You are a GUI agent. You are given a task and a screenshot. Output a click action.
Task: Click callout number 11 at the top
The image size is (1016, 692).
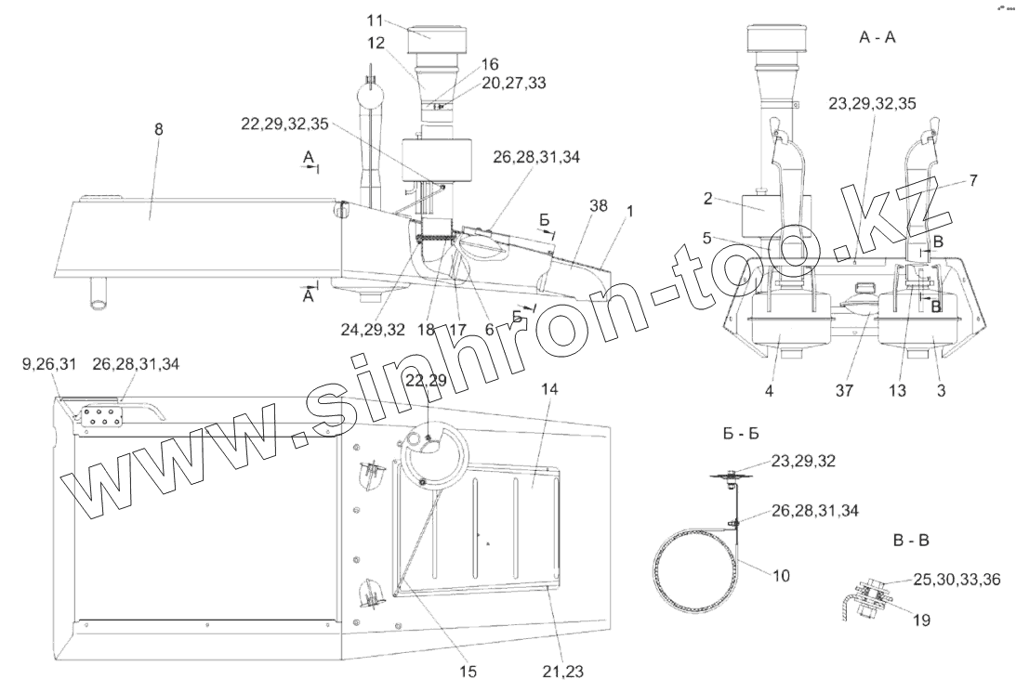click(375, 20)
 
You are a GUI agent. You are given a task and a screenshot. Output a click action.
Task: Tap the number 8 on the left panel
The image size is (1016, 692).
click(159, 129)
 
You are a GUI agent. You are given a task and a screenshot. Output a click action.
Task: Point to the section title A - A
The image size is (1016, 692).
click(877, 37)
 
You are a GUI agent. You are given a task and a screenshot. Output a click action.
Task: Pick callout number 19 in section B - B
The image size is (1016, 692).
click(921, 620)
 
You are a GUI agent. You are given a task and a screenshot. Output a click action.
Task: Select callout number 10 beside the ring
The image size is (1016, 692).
click(782, 576)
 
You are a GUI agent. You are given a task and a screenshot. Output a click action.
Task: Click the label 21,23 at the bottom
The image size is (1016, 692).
click(563, 672)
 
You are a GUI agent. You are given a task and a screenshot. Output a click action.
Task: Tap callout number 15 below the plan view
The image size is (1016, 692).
click(468, 672)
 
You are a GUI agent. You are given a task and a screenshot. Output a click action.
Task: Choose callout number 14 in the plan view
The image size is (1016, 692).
click(550, 389)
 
